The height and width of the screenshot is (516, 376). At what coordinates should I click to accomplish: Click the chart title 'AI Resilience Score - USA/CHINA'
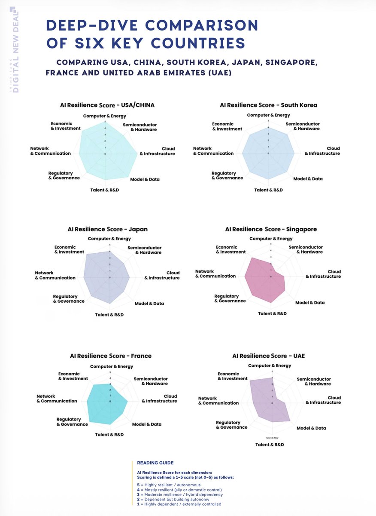click(107, 105)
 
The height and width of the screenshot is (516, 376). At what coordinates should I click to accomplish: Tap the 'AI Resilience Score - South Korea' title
click(268, 105)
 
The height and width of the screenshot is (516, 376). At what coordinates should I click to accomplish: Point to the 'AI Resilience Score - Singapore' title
click(271, 229)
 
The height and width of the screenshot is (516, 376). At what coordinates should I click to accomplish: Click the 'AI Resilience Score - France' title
click(111, 356)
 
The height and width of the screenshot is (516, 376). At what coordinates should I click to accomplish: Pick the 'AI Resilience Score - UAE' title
click(268, 356)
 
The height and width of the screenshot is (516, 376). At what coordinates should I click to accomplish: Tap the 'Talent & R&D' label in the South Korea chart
click(269, 190)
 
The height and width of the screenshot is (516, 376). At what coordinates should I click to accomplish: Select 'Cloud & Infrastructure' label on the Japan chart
click(162, 275)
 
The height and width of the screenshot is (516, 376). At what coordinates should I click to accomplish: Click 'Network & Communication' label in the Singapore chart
click(215, 273)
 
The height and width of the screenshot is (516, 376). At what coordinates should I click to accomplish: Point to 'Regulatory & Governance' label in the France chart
click(72, 422)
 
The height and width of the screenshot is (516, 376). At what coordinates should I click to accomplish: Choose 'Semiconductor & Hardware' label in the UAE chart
click(314, 381)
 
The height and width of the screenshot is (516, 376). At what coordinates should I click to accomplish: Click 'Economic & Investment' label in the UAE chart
click(233, 376)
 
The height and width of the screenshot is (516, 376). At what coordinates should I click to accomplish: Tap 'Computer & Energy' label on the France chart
click(112, 367)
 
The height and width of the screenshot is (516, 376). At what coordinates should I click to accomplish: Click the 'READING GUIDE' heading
click(155, 463)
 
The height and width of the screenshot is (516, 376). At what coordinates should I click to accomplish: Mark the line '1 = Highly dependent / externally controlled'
click(177, 504)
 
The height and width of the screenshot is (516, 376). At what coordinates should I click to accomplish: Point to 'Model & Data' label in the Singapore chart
click(310, 303)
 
